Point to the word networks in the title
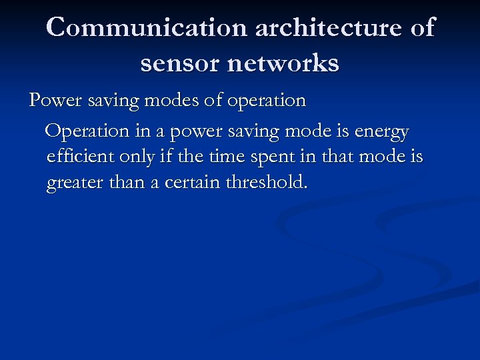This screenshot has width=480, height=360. [x=285, y=63]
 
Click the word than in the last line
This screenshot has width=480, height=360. [x=130, y=182]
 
